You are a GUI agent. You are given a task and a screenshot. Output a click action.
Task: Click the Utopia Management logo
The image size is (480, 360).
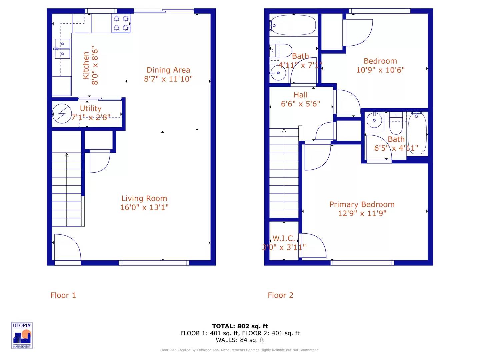(x=22, y=335)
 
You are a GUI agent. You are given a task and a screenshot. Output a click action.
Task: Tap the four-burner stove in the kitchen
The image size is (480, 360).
(x=121, y=23)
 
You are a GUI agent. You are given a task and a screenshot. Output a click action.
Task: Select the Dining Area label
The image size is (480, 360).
(x=168, y=70)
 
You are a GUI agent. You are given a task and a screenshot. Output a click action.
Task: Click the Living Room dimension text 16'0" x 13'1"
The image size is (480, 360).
(x=144, y=207)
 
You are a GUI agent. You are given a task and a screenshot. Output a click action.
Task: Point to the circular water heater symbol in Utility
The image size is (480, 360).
(x=62, y=114)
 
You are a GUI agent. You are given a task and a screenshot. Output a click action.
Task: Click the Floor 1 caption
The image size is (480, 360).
(x=63, y=295)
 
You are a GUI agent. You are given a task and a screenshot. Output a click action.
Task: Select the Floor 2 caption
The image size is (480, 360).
(x=280, y=295)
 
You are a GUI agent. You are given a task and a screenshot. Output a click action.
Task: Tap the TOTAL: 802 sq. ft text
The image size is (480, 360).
(x=240, y=326)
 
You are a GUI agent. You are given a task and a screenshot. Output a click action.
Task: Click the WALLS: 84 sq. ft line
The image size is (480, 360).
(x=240, y=340)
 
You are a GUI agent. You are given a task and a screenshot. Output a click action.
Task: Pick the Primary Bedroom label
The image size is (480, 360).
(x=362, y=204)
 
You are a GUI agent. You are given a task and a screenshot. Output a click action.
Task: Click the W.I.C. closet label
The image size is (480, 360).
(x=284, y=238)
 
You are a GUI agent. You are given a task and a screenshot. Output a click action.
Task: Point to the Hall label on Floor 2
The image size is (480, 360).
(x=300, y=95)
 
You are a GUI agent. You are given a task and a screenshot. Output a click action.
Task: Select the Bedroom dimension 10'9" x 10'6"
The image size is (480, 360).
(x=380, y=70)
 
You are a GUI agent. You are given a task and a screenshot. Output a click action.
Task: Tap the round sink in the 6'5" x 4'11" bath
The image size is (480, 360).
(x=374, y=120)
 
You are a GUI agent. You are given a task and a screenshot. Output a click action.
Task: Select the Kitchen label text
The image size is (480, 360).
(x=86, y=65)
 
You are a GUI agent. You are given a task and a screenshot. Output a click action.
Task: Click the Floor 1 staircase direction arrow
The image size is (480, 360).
(x=67, y=155)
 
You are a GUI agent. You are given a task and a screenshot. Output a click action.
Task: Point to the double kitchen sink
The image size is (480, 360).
(x=62, y=49)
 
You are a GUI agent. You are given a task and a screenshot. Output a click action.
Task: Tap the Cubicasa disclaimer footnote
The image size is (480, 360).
(x=240, y=350)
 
